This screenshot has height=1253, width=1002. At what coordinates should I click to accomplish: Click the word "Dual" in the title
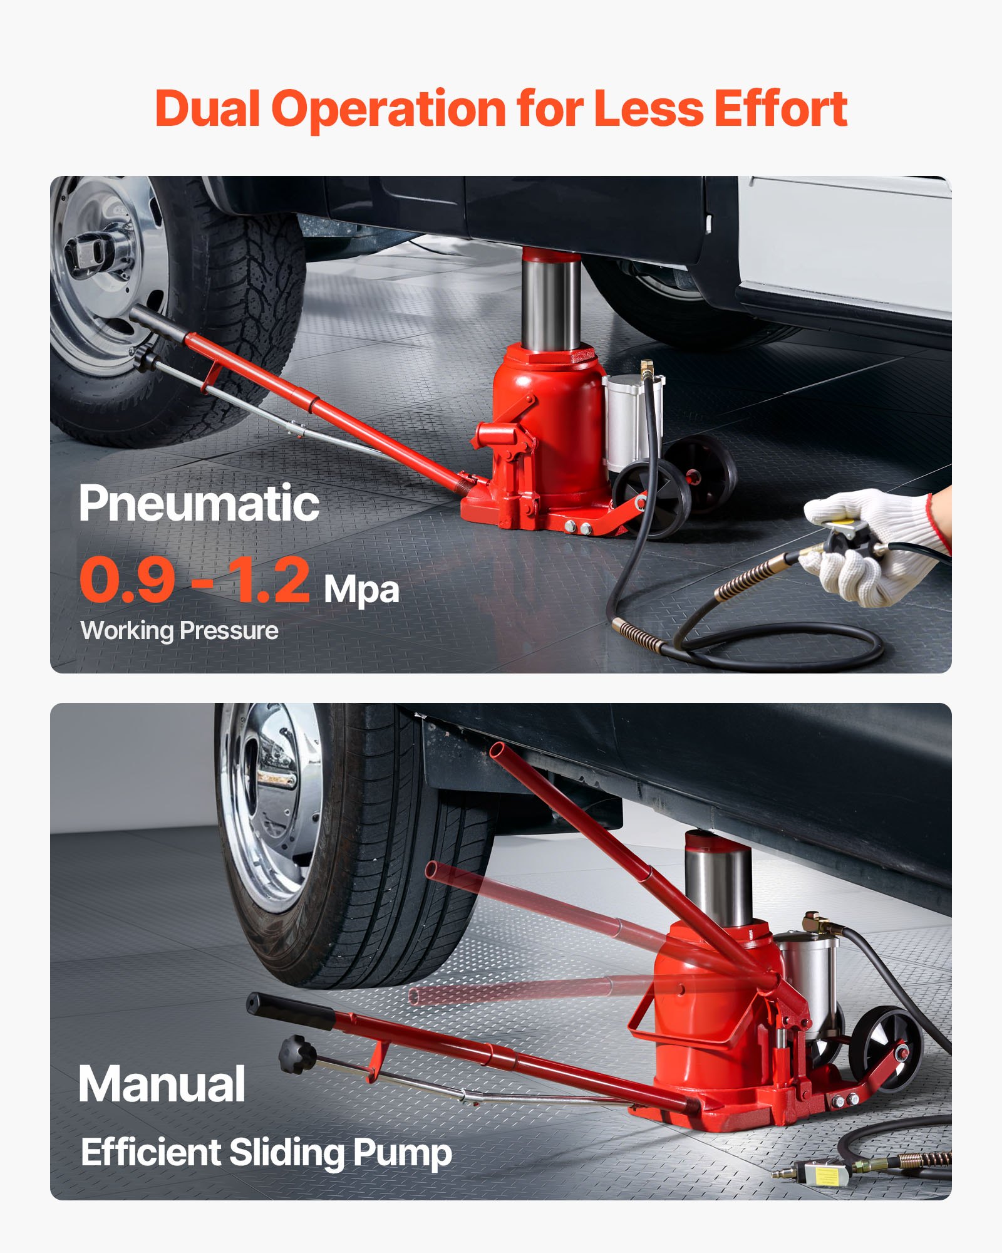coord(207,110)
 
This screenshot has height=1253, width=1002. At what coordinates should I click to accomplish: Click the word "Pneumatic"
coord(199,504)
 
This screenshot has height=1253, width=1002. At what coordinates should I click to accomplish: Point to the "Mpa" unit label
coord(361,590)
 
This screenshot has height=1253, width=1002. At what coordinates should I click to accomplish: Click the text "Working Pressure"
coord(180,631)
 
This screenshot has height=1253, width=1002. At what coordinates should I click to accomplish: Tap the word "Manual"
coord(162,1084)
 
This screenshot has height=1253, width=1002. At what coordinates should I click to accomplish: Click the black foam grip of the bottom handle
coord(291,1010)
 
